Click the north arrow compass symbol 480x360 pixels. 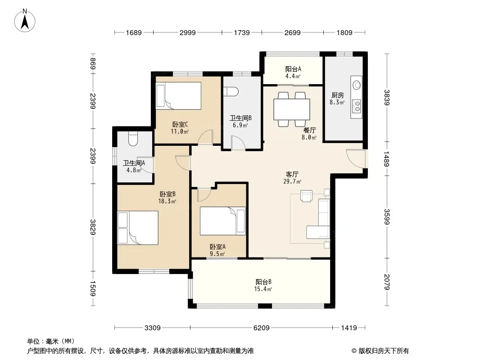[x=25, y=21]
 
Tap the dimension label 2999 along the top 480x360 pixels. [x=187, y=32]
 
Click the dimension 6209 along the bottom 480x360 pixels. [x=262, y=328]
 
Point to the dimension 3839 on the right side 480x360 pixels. [x=387, y=98]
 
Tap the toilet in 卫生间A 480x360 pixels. [x=133, y=139]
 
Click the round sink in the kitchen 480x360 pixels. [x=357, y=85]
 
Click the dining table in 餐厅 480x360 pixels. [x=291, y=109]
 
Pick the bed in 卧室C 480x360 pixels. [x=178, y=95]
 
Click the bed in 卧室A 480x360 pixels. [x=223, y=221]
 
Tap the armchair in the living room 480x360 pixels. [x=307, y=196]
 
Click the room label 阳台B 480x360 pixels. [x=263, y=282]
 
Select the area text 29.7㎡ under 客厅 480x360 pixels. [x=292, y=181]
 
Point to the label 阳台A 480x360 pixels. [x=293, y=69]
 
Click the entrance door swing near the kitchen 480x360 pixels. [x=356, y=158]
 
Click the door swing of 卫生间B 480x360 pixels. [x=238, y=143]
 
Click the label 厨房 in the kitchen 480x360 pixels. [x=337, y=95]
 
